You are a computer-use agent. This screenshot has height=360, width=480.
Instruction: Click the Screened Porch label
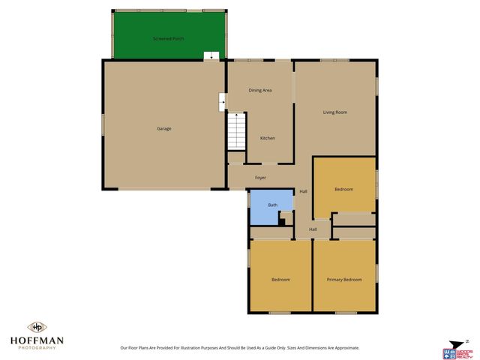tap(168, 38)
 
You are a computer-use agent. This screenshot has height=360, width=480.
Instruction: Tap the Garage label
tap(163, 129)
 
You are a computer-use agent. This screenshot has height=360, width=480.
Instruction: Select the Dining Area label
tap(260, 90)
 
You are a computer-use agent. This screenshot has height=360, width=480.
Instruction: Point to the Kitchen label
tap(268, 138)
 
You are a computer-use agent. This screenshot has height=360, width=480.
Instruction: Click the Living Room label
tap(335, 112)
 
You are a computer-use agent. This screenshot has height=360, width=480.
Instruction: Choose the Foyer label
tap(260, 178)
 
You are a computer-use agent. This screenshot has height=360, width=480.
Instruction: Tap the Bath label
tap(273, 205)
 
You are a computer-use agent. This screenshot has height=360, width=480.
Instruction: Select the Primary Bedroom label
tap(344, 280)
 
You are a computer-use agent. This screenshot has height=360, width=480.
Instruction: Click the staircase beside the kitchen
tap(236, 131)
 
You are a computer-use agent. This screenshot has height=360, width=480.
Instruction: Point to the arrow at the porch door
tap(211, 55)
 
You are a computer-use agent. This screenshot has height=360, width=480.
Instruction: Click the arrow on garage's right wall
tap(223, 100)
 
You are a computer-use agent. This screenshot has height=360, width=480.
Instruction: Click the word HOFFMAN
tap(35, 340)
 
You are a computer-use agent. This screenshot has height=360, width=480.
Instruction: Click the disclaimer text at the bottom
tap(240, 348)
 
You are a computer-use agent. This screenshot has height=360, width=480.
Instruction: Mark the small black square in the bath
tap(281, 220)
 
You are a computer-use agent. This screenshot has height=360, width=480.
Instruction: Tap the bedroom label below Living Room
tap(344, 190)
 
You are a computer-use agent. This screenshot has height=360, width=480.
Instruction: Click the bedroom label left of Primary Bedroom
tap(280, 280)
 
